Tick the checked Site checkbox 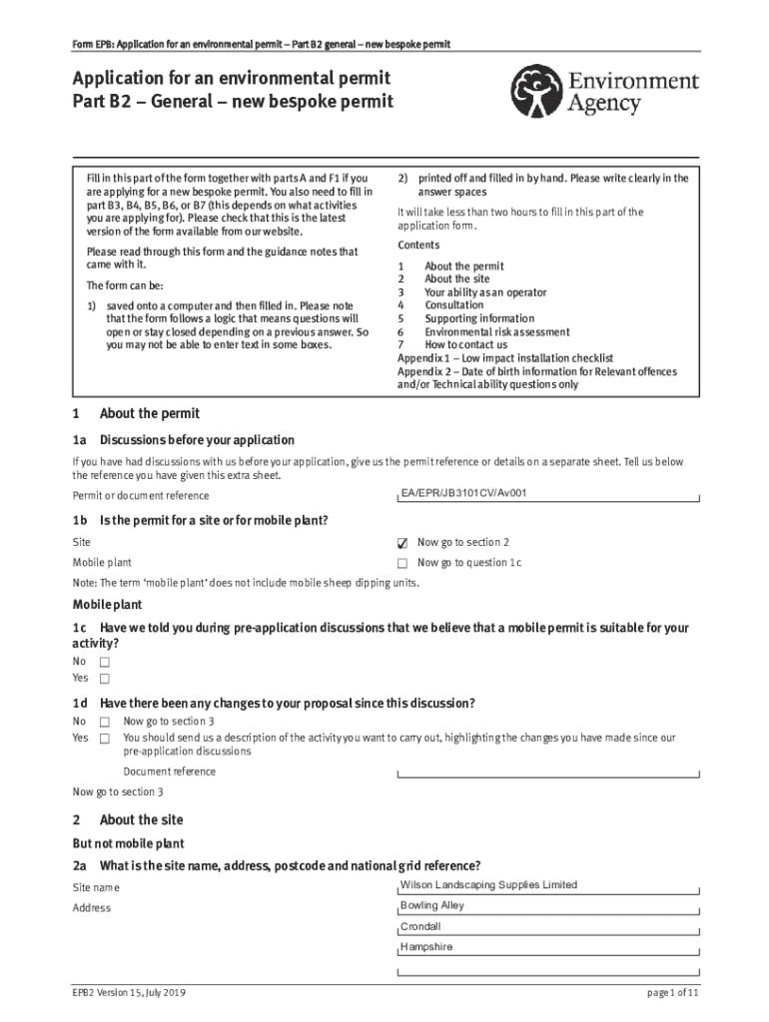[x=402, y=543]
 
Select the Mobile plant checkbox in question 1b [x=402, y=564]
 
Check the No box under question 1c [x=104, y=662]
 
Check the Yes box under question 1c [x=104, y=679]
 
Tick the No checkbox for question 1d [x=104, y=722]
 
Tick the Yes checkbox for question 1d [x=104, y=739]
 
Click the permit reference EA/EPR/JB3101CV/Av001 [x=463, y=493]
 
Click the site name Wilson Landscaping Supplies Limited [x=488, y=885]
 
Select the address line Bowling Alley [x=432, y=906]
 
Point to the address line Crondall [x=420, y=926]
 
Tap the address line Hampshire [x=426, y=947]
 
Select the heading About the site [x=141, y=820]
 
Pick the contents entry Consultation [x=453, y=305]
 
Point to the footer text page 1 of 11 [x=673, y=994]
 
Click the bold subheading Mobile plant [x=107, y=605]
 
